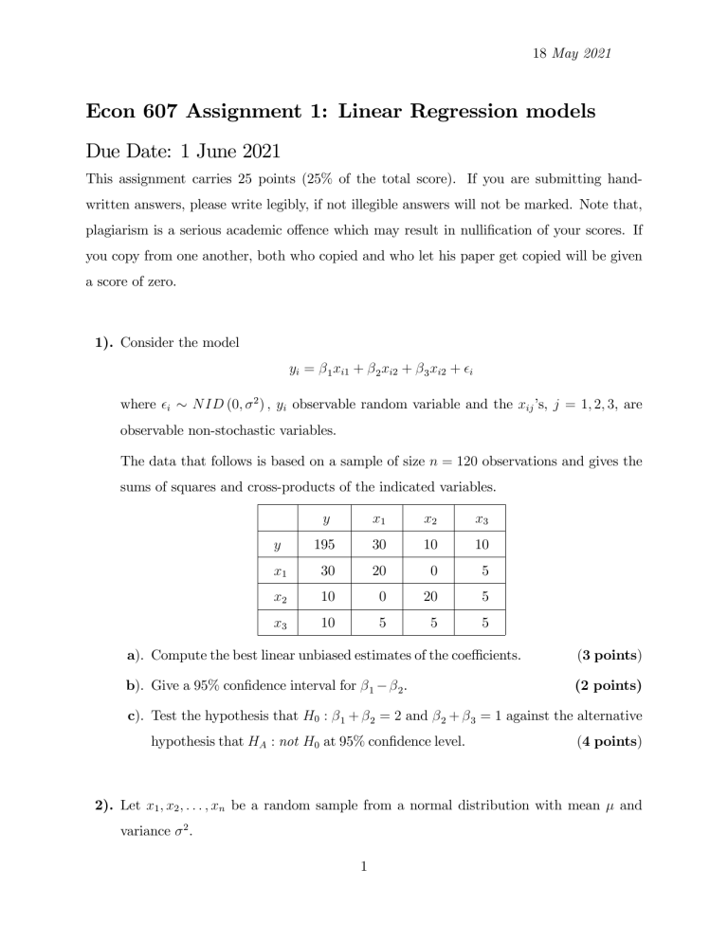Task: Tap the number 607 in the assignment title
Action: [x=174, y=113]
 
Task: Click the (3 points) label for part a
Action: [x=601, y=653]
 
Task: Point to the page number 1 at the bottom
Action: [x=363, y=911]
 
